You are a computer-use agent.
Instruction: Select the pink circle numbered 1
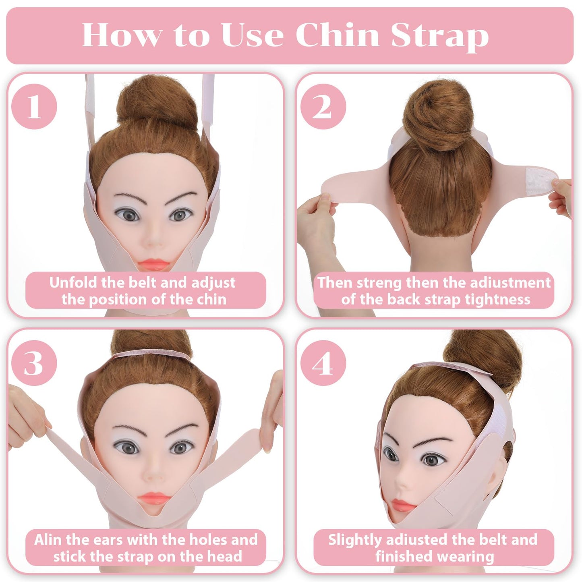pyautogui.click(x=34, y=107)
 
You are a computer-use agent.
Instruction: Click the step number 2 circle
pyautogui.click(x=323, y=107)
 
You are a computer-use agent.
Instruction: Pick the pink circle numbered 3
pyautogui.click(x=34, y=363)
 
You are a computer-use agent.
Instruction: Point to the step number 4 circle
pyautogui.click(x=323, y=363)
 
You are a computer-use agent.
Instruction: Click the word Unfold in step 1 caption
pyautogui.click(x=73, y=282)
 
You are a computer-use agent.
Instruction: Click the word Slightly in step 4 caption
pyautogui.click(x=354, y=540)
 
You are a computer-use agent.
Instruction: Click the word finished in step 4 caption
pyautogui.click(x=398, y=557)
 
